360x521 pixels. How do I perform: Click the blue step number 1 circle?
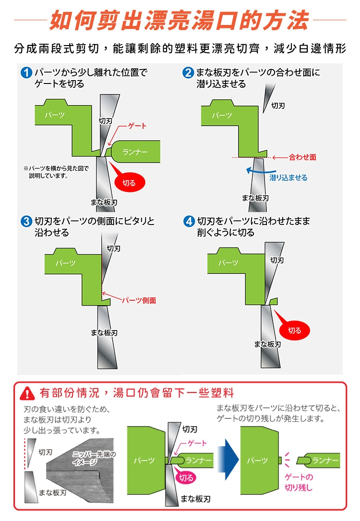(x=26, y=72)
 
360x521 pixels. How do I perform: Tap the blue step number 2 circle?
(x=188, y=72)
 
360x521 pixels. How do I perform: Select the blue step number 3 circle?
(x=26, y=221)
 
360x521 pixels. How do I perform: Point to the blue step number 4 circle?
(x=189, y=221)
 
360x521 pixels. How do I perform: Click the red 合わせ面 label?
(x=302, y=157)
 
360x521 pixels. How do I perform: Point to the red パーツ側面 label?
(x=139, y=301)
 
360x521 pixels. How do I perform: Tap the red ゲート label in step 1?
(x=137, y=126)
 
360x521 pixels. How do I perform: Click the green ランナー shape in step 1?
(x=134, y=152)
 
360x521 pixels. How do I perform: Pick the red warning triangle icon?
(x=27, y=394)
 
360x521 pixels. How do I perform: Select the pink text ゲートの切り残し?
(x=299, y=483)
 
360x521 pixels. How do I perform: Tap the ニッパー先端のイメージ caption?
(x=94, y=458)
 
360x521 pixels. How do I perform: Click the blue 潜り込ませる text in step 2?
(x=288, y=178)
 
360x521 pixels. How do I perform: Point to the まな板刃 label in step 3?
(x=104, y=333)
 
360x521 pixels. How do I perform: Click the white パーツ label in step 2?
(x=222, y=115)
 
